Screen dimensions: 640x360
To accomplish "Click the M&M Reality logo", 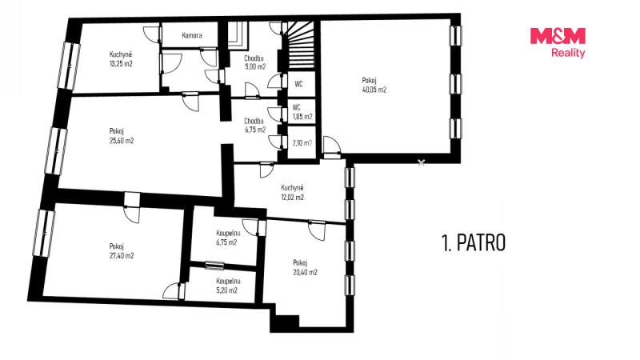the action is coord(558,42).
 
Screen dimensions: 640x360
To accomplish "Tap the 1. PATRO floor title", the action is coord(474,242).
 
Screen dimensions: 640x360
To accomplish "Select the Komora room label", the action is coord(192,35).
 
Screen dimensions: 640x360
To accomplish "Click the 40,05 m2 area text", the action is coord(374,90).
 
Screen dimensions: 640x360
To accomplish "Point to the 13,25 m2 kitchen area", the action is coord(121,64).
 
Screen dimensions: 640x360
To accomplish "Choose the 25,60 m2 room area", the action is coord(122,141).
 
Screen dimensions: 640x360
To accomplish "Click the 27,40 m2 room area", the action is coord(122,256).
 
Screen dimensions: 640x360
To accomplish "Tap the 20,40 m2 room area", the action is coord(306,272).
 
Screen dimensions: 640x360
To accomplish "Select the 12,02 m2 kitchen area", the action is coord(292,198).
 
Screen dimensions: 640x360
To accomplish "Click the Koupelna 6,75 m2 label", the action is coord(228,238).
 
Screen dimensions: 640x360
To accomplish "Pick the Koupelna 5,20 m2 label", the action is coord(228,286).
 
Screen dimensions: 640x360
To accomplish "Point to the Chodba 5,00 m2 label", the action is coord(254,62).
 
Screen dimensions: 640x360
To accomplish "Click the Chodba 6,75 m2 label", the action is coord(254,126).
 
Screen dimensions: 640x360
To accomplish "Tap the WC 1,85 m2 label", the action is coord(302,112).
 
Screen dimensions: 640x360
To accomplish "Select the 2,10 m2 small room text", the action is coord(302,143).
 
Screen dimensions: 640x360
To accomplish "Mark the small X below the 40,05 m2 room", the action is coord(422,162).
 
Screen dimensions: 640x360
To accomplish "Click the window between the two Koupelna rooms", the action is coord(214,266).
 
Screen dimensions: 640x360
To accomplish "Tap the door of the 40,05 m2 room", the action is coord(331,147).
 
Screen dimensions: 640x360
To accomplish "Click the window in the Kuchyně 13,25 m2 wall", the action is coord(69,66).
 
